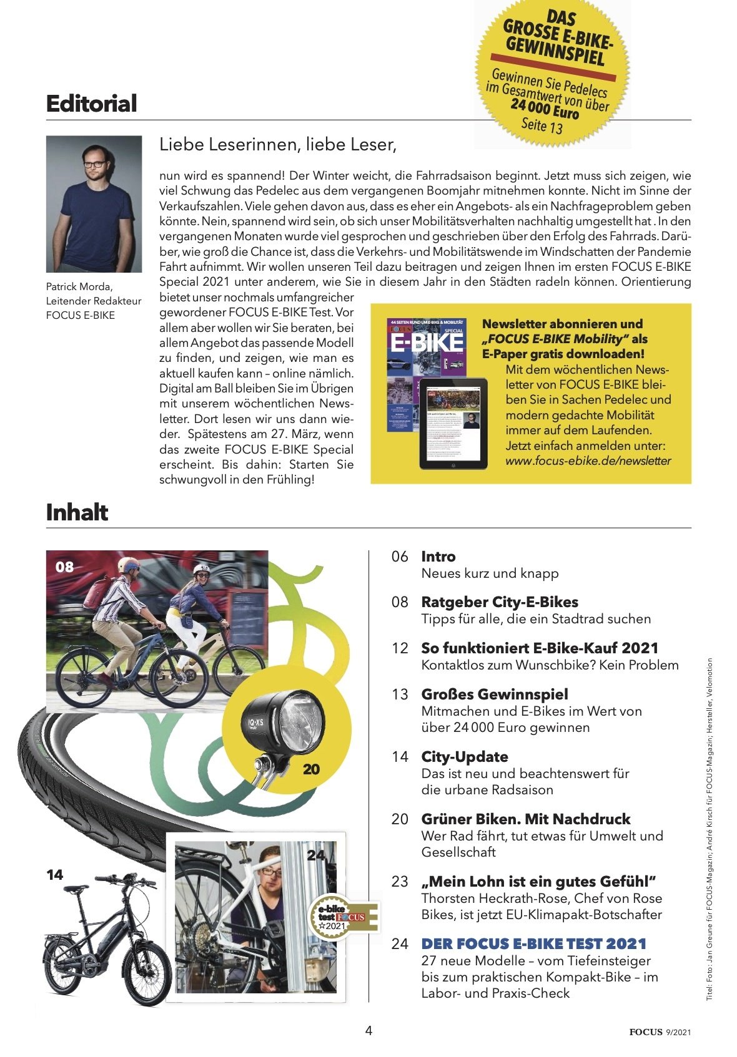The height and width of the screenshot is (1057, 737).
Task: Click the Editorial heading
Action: coord(91,104)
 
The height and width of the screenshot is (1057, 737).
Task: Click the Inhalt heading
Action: coord(77,512)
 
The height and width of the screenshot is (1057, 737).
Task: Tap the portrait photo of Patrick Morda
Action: coord(94,204)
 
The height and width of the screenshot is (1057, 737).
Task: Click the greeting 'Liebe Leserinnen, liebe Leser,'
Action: coord(278,145)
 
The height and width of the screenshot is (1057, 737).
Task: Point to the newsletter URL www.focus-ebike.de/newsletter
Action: coord(588,461)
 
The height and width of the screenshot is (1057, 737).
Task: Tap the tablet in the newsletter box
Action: coord(453,424)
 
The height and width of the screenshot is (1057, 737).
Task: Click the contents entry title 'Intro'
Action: coord(438,557)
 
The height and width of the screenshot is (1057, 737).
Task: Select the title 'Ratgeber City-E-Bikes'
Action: coord(500,602)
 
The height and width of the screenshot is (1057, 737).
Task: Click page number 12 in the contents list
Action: coord(400,648)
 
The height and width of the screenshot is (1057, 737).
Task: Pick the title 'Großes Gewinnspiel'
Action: coord(495,694)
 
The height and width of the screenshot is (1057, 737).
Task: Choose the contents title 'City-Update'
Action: coord(465,757)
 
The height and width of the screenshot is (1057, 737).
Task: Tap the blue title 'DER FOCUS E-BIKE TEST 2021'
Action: coord(533,943)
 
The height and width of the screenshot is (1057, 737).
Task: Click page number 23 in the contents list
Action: coord(400,882)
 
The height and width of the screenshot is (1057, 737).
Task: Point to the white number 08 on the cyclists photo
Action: coord(64,567)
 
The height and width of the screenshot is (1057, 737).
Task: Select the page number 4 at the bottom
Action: coord(368,1030)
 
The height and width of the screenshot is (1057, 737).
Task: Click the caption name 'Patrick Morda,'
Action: coord(79,287)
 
